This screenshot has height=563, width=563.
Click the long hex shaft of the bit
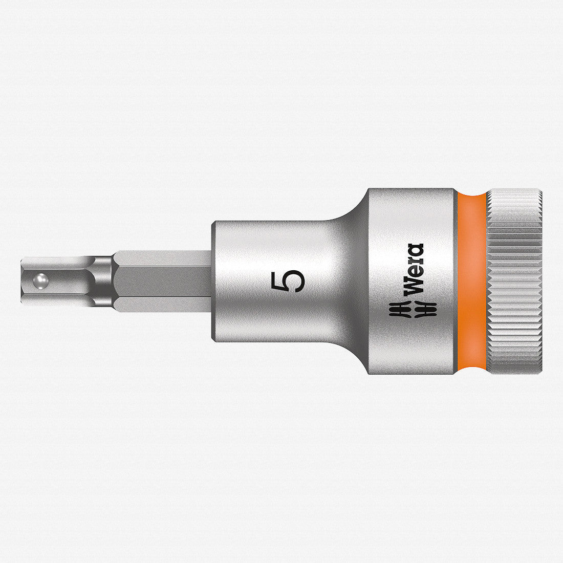tap(161, 281)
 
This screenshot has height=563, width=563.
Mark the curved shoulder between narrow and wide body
tap(353, 220)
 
